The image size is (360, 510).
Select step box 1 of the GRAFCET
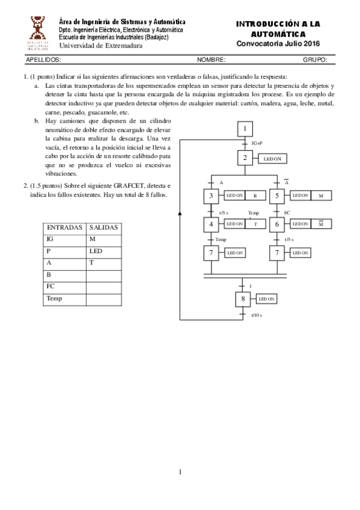point(245,129)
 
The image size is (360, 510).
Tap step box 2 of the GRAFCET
point(245,159)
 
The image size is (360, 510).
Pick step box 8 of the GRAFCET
point(243,298)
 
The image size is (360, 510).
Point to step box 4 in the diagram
point(212,224)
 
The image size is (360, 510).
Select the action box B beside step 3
point(255,195)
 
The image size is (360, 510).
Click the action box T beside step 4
point(255,224)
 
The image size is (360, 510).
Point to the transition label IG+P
point(257,143)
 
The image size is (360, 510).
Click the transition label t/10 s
point(257,315)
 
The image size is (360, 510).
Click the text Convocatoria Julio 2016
point(278,44)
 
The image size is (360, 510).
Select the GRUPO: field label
point(315,60)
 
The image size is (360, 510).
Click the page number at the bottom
point(180,472)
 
